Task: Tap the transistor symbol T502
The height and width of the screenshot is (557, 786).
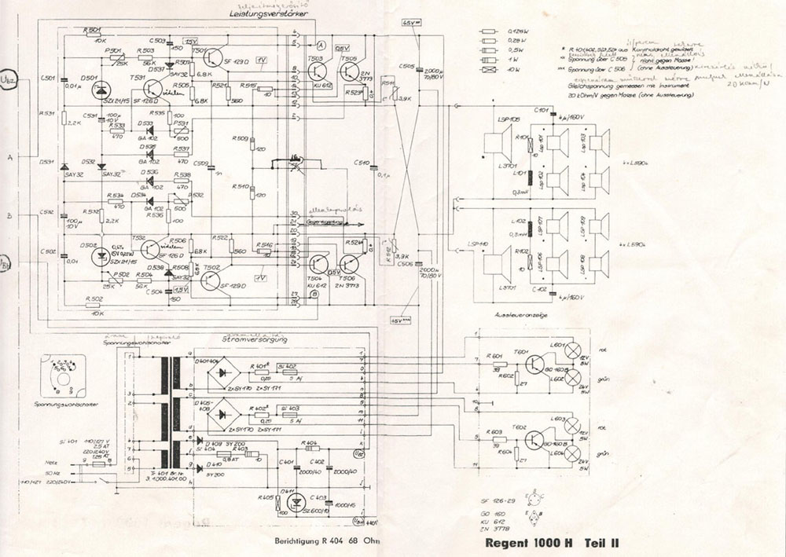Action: (211, 278)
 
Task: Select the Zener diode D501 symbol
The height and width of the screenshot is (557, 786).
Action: (101, 91)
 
